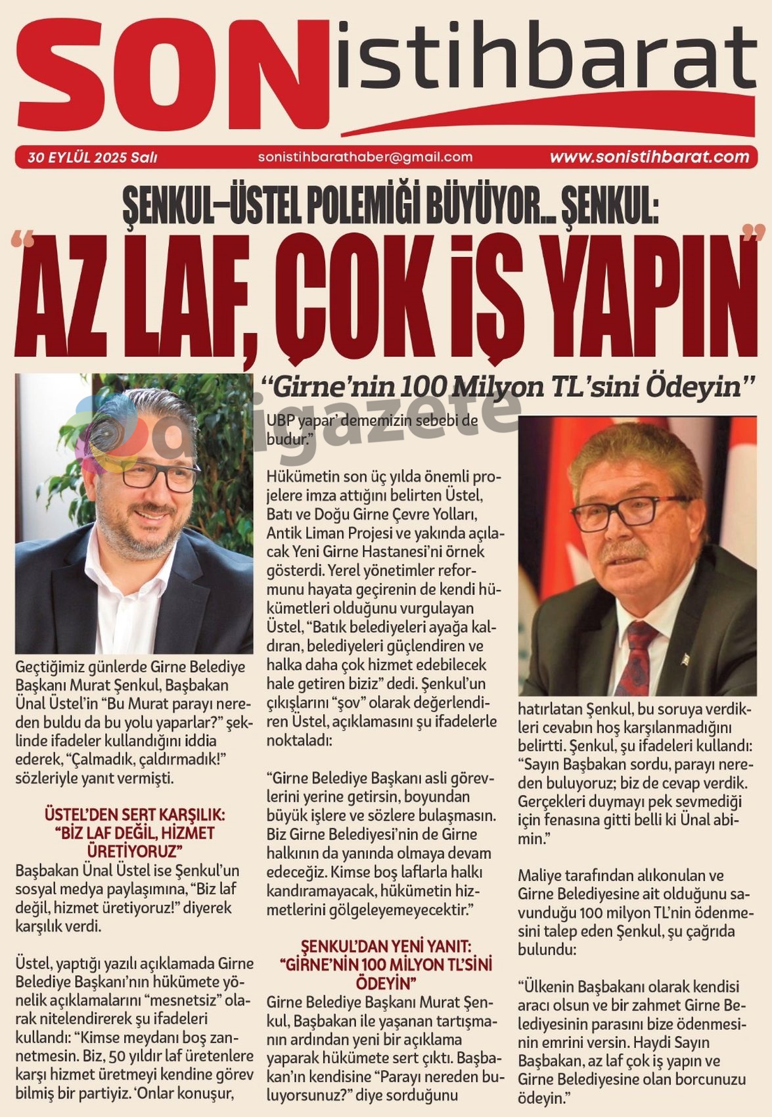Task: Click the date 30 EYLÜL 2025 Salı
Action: point(92,158)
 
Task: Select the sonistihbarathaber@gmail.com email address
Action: point(365,157)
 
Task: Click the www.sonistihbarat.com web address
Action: point(649,157)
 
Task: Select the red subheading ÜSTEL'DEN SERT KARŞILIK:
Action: point(134,815)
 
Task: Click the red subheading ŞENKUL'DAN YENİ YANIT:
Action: point(386,947)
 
